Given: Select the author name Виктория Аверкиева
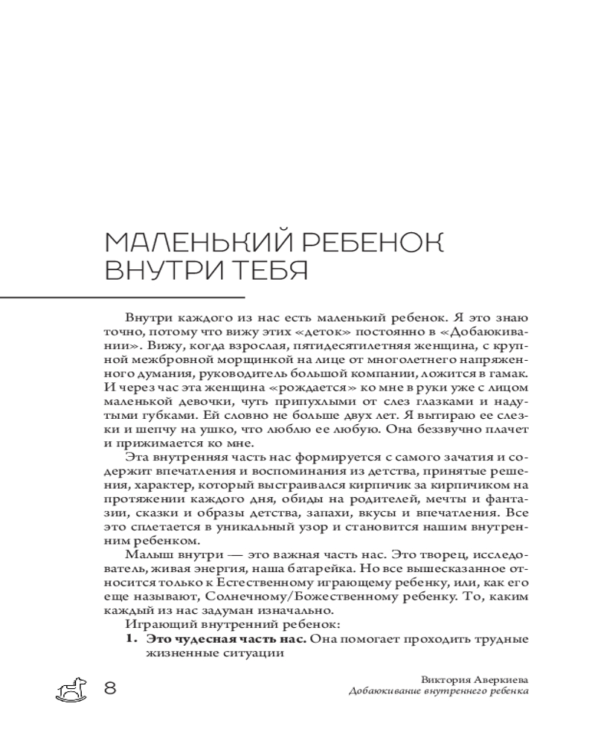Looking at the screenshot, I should pos(475,679).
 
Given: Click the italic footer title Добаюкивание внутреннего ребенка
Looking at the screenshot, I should pos(439,691).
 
